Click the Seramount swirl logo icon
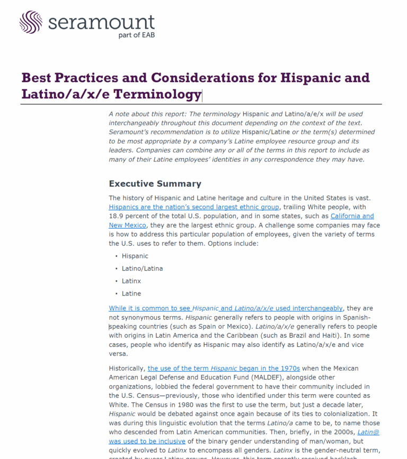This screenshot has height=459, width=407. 31,22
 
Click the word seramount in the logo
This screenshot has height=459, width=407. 101,22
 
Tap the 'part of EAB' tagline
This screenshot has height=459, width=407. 137,36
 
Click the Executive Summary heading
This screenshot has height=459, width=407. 155,184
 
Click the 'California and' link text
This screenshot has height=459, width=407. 352,216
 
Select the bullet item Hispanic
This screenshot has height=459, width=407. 135,256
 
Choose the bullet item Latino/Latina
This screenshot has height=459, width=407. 142,268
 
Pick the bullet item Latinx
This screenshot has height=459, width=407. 131,281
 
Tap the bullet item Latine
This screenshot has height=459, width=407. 131,293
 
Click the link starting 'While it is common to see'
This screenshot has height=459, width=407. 225,308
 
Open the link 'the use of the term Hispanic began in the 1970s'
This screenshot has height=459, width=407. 224,368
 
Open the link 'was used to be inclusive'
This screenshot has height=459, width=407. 147,440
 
